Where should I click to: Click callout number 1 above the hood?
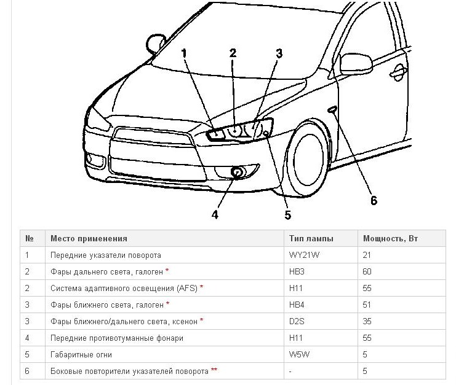pos(184,53)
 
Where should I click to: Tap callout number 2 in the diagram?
pos(233,53)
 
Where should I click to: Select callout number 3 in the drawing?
pos(279,53)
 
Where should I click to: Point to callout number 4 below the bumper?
pos(215,215)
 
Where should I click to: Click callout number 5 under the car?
pos(287,215)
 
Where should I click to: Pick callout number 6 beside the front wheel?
pos(374,200)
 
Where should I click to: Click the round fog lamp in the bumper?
pos(237,173)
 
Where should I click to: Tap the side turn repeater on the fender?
pos(332,109)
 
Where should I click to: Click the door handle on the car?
pos(398,72)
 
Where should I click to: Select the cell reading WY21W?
pos(304,255)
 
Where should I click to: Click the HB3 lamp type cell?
pos(297,271)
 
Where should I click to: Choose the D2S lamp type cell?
pos(297,321)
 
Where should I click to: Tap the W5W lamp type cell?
pos(299,354)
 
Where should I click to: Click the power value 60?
pos(367,271)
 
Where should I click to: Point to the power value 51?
pos(367,305)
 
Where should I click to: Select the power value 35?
pos(367,321)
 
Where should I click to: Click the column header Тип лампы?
pos(311,238)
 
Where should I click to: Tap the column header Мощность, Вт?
pos(390,238)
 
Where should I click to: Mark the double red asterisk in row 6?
pos(214,370)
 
